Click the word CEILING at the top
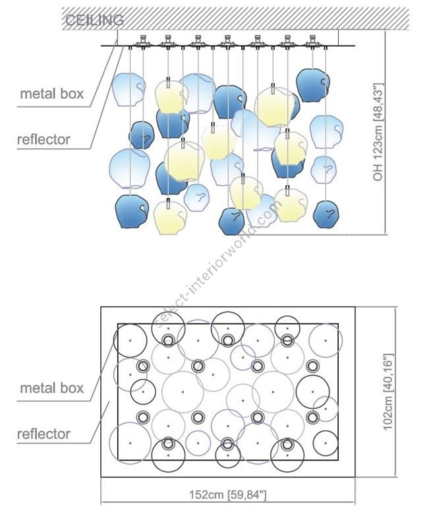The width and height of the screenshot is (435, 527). tap(94, 20)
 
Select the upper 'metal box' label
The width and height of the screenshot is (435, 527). tap(52, 94)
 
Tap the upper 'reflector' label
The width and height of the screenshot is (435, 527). tap(43, 140)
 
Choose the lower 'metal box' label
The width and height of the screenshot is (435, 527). tap(52, 387)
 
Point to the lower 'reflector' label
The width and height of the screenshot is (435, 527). tap(43, 434)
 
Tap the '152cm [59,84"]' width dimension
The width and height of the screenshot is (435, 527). tap(227, 494)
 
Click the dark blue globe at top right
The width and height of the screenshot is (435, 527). tap(312, 84)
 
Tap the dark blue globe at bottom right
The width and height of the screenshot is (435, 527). tap(326, 213)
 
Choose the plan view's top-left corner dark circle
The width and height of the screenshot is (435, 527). tap(130, 340)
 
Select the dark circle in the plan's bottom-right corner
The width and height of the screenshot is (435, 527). tap(326, 442)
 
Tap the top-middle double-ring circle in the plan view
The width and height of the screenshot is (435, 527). tap(227, 340)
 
